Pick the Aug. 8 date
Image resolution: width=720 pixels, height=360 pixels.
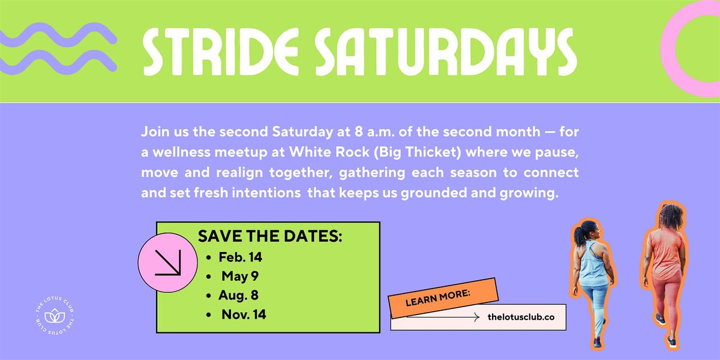[239, 295]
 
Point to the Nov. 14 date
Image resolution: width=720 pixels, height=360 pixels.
[243, 314]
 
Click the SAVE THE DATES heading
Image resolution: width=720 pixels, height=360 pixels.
[270, 236]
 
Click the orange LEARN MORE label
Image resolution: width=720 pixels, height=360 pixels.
[443, 297]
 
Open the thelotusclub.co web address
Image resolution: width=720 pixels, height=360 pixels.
[521, 317]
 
